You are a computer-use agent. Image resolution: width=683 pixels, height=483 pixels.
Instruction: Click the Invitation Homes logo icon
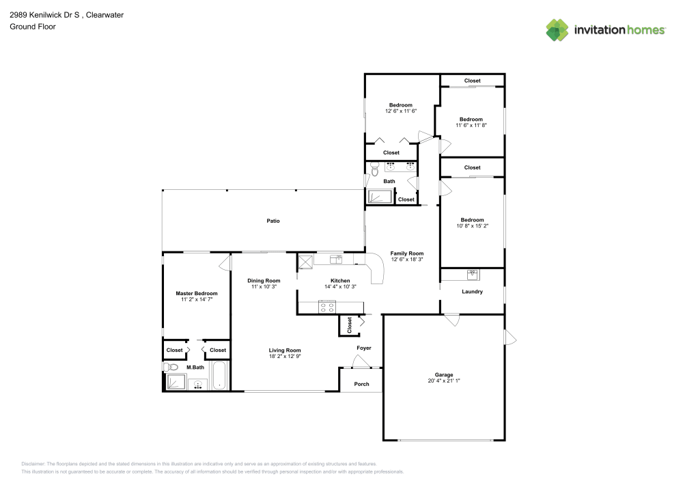pos(557,29)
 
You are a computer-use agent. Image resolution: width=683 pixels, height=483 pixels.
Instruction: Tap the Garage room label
pos(444,375)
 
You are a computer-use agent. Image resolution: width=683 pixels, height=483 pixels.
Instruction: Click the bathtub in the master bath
pos(219,376)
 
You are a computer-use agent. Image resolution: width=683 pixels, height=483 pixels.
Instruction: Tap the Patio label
pos(273,221)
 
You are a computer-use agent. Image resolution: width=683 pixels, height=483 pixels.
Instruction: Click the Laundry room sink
pos(472,274)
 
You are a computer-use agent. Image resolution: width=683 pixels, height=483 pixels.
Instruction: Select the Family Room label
pos(407,253)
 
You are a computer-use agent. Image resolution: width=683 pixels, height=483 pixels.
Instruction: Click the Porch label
pos(361,384)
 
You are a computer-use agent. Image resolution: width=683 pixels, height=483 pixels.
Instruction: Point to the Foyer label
pos(364,348)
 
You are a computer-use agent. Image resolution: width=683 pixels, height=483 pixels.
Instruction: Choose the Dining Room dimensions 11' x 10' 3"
pos(264,287)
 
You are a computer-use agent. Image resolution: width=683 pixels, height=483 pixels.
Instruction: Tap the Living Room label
pos(285,350)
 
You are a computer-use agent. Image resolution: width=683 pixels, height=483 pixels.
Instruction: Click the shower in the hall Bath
pos(380,197)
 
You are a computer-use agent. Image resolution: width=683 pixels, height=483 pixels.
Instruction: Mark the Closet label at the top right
pos(472,81)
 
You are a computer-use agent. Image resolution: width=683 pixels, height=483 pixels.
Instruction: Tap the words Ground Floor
pos(32,27)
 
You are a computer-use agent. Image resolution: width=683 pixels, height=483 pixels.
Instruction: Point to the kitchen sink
pos(335,259)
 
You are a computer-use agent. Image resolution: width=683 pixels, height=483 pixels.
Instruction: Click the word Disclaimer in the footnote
pos(33,463)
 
